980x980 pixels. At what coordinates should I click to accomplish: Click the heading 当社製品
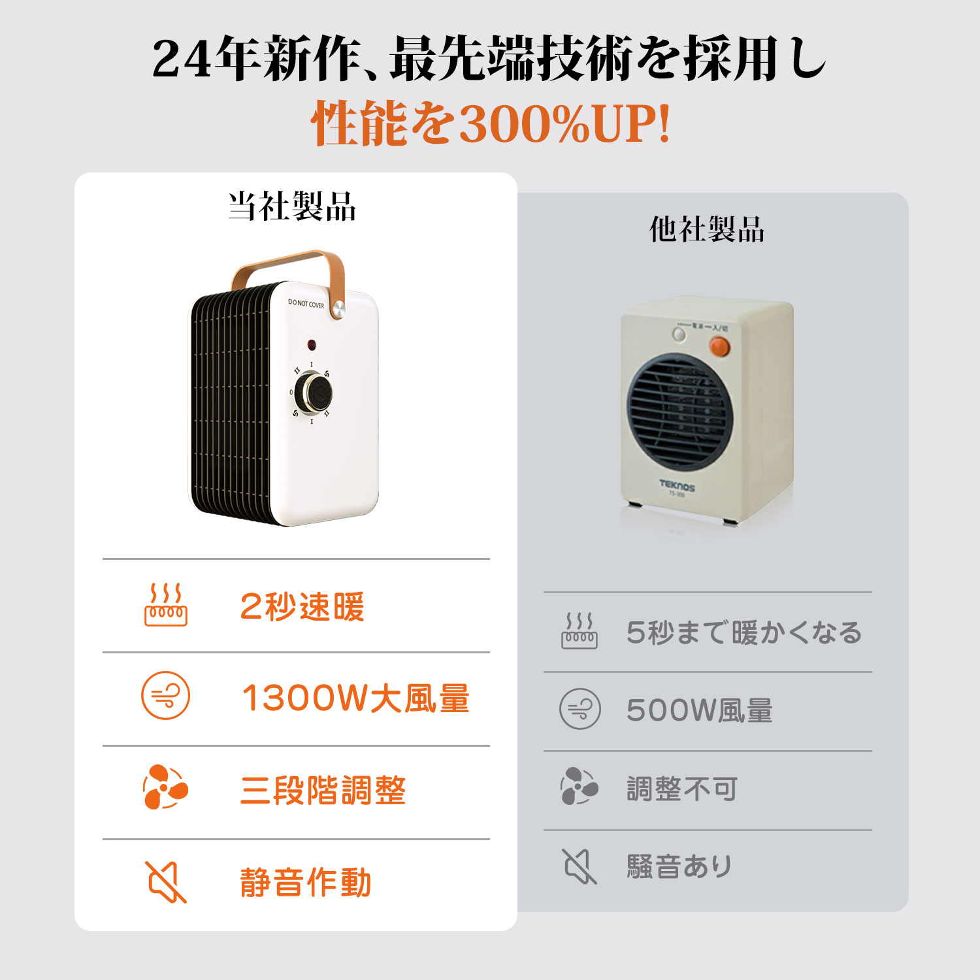292,206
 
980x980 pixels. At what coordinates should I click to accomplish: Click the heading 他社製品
707,229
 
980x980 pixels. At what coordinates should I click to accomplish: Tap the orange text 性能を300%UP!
491,123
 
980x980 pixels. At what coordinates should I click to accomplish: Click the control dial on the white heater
313,393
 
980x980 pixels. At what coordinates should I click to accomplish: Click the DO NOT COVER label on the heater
306,304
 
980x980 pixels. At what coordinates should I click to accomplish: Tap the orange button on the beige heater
719,346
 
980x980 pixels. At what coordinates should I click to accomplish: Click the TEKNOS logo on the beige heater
677,485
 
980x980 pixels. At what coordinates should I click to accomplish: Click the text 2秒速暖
302,606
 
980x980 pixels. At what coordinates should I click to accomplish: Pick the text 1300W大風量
356,698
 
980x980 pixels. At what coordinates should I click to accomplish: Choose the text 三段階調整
323,791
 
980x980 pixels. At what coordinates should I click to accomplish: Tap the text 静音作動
306,883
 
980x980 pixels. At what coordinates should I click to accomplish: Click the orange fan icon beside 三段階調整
165,787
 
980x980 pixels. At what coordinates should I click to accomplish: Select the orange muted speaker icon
166,882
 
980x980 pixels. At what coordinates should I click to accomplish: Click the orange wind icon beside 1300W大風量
166,695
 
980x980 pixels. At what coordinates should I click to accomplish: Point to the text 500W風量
699,710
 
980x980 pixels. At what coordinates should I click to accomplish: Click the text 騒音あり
679,867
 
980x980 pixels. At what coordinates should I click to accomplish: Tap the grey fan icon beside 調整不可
579,786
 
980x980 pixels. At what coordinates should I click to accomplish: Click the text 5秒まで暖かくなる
744,632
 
